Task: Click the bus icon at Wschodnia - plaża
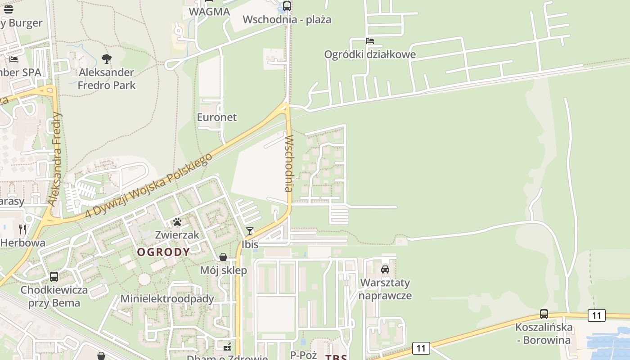tap(287, 6)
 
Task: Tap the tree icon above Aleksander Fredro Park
tap(107, 58)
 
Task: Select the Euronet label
tap(216, 117)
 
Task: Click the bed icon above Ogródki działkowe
tap(370, 41)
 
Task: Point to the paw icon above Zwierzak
tap(177, 221)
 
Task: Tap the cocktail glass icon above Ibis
tap(250, 231)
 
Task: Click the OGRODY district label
tap(163, 252)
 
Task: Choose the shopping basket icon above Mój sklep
tap(223, 257)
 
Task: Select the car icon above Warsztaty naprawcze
tap(385, 269)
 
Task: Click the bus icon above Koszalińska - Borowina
tap(544, 314)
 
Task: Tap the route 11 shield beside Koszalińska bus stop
tap(596, 315)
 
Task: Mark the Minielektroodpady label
tap(167, 299)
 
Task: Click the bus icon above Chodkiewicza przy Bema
tap(54, 276)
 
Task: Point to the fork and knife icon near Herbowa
tap(22, 229)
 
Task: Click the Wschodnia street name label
tap(289, 163)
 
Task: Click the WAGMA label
tap(209, 12)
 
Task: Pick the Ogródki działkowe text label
tap(370, 54)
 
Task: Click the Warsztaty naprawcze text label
tap(385, 289)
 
